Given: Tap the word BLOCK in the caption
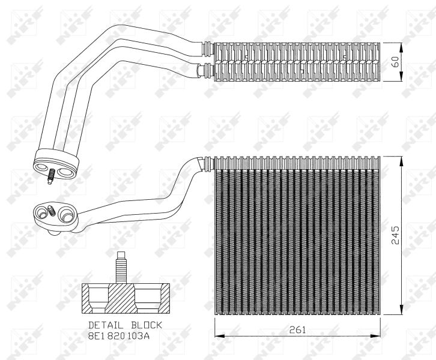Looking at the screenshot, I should click(145, 325).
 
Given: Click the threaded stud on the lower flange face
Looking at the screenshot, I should click(52, 211).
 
